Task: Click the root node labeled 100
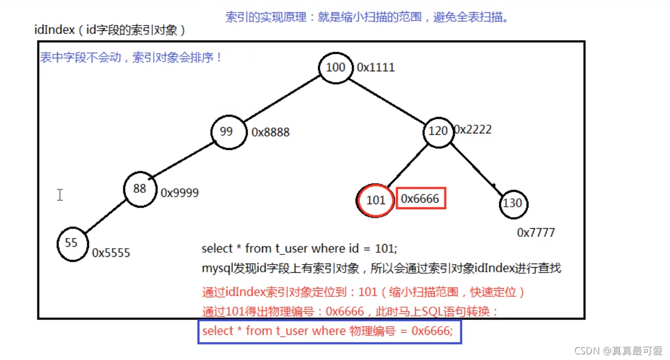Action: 336,68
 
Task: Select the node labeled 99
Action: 226,132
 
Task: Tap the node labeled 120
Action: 438,131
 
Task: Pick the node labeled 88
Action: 139,189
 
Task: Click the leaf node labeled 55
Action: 72,243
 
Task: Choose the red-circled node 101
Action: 376,199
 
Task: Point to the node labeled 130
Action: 513,203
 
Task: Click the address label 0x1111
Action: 376,68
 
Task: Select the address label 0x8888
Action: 270,132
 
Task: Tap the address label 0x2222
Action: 473,129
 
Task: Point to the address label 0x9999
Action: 179,193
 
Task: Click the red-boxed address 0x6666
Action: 420,199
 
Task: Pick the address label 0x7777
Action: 536,233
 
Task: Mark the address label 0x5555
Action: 111,253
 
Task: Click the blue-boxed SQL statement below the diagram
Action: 328,331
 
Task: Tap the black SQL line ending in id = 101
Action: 299,249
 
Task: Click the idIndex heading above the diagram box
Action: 110,30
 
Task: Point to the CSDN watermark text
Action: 618,351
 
